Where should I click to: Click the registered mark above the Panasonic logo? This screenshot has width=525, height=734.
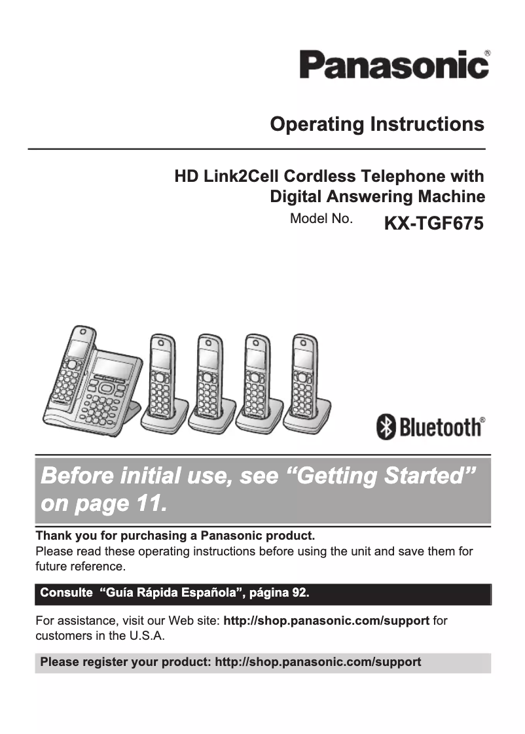coord(486,52)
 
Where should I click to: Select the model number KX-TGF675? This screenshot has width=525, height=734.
coord(433,224)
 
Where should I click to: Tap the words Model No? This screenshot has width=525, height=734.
coord(321,219)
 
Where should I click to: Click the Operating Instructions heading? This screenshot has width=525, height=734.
coord(377,124)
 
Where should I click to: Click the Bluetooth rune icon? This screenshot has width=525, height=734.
coord(386,428)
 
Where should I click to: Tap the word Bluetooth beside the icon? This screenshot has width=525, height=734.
coord(439,428)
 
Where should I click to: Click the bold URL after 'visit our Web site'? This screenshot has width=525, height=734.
coord(326,621)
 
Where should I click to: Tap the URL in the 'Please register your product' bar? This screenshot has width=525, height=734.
coord(317,662)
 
